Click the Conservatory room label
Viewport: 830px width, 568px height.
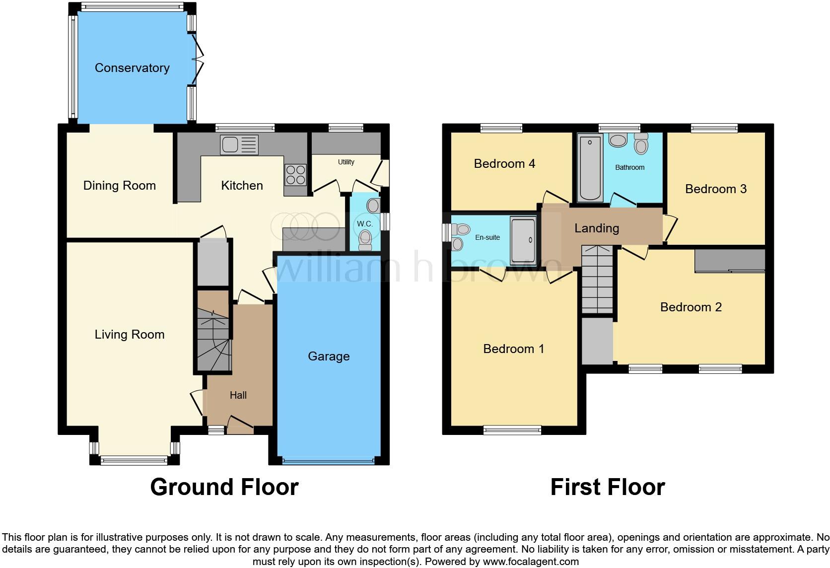pos(132,68)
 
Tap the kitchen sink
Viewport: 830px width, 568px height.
pos(239,144)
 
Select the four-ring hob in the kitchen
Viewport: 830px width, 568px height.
pos(296,175)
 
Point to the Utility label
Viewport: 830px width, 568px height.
pos(346,162)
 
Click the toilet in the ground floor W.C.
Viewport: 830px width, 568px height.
pos(365,239)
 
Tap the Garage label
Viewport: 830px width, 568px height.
pos(329,356)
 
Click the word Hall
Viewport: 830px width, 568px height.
pos(238,395)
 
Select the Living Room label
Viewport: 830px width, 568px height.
pos(130,335)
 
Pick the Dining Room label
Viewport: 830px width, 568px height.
pos(119,185)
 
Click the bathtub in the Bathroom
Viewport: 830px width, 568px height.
pos(590,167)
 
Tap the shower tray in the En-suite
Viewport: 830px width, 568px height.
pos(523,240)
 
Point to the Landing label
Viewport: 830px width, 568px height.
pos(597,228)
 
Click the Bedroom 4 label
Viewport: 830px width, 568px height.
pos(504,163)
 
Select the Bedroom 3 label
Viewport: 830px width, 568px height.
pos(715,189)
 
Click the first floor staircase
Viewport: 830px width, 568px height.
pos(597,280)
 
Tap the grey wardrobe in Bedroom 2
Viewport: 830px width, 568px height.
pos(730,261)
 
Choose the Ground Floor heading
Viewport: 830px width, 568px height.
pos(224,487)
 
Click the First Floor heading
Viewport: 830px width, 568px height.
pos(608,487)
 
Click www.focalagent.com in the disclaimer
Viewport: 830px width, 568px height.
pos(531,562)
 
